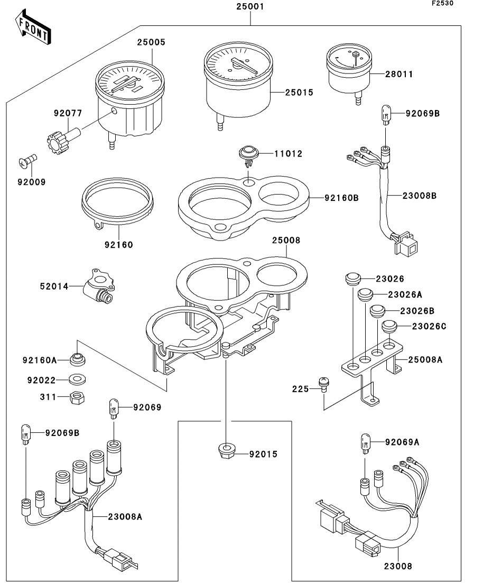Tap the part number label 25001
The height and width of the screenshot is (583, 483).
250,7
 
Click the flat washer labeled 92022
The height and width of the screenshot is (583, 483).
78,380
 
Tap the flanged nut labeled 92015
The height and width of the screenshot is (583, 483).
226,452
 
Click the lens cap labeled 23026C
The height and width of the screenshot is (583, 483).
389,326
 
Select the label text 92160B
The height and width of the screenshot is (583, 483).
341,198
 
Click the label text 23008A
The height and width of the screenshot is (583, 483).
125,516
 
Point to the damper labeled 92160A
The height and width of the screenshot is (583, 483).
78,360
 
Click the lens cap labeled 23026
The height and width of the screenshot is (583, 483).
352,279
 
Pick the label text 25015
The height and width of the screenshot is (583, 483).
299,92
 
